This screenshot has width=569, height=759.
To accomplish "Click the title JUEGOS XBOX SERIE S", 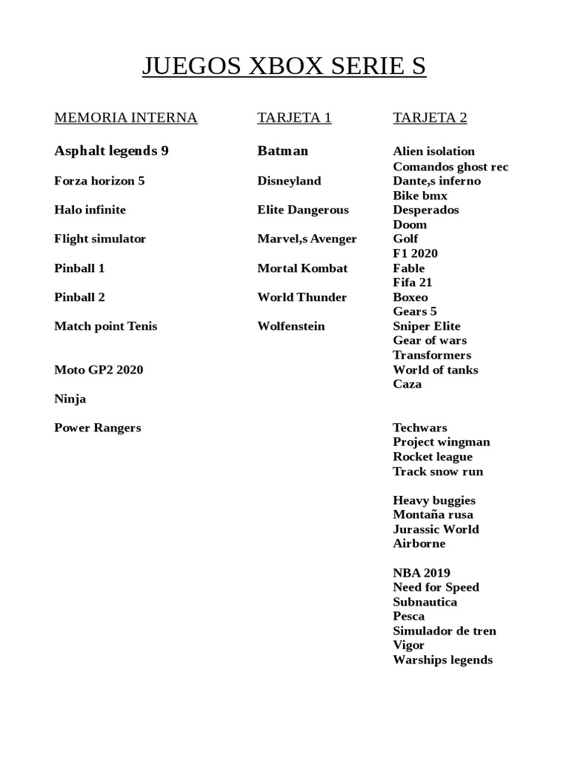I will (x=284, y=67).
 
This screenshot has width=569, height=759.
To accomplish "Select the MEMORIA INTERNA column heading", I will (x=126, y=117).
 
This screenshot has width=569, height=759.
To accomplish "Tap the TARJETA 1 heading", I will (x=294, y=117).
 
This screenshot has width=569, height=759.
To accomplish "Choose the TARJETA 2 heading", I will (x=430, y=117).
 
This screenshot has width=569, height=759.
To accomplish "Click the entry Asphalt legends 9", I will (x=111, y=151).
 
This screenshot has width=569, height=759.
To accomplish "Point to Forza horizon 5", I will (x=99, y=181).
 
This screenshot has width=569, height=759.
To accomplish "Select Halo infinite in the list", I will (x=90, y=210).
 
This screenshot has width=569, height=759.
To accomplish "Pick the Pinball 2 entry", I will (x=79, y=297).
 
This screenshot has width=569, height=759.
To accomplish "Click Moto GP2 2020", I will (x=99, y=370).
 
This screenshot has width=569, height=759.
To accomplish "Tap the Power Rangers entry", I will (x=97, y=428).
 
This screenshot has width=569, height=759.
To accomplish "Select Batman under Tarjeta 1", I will (x=282, y=151).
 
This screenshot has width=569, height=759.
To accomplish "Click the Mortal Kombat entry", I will (x=302, y=268).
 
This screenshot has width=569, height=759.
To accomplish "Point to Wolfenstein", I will (x=291, y=326).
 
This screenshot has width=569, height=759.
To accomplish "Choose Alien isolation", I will (x=433, y=151).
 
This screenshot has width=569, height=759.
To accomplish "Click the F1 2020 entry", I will (x=415, y=253).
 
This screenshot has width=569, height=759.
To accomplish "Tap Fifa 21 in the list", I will (x=413, y=282).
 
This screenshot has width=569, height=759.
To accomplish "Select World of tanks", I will (x=436, y=370).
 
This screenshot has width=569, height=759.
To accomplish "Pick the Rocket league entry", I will (x=433, y=457).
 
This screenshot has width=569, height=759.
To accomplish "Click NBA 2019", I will (x=422, y=573).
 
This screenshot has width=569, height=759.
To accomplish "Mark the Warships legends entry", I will (x=442, y=660).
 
